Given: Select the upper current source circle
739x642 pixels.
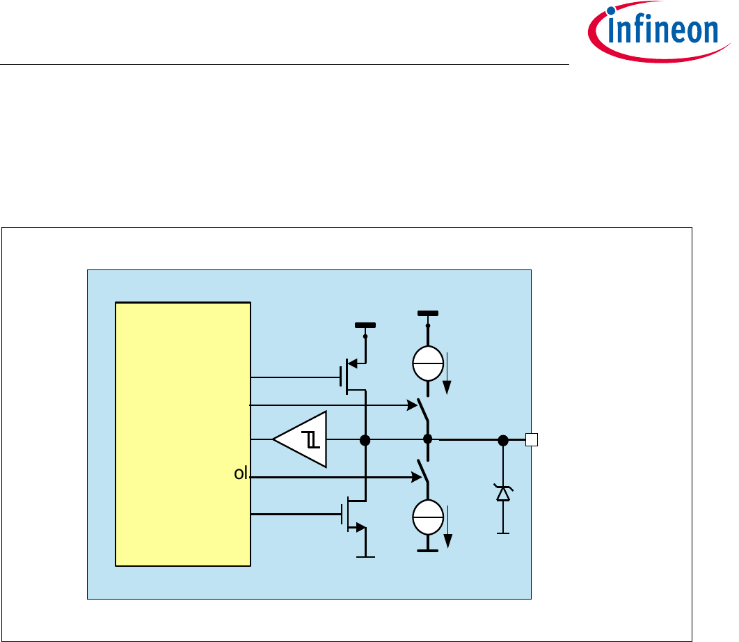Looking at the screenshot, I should (x=427, y=363).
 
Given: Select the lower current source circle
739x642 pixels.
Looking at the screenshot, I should (x=427, y=516).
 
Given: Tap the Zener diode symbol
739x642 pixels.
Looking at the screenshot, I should (x=502, y=494).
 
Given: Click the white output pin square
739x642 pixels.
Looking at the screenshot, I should (x=532, y=439).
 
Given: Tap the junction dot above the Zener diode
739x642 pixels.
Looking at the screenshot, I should (x=502, y=439).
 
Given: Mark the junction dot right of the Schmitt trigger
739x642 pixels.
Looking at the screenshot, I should (x=364, y=439).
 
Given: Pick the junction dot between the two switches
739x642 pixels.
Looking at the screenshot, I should (x=428, y=439).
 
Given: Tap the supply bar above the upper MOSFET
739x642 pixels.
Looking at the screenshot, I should (x=365, y=325).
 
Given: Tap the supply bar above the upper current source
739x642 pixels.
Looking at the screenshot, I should (x=427, y=313).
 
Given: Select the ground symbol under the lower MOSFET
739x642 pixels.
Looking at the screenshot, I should (x=365, y=557).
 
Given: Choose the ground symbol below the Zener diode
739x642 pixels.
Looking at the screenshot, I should (x=502, y=533).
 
